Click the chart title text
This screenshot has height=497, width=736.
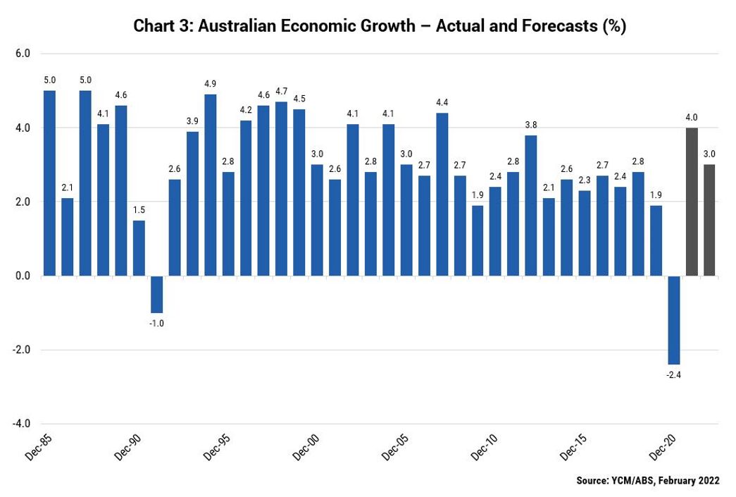pyautogui.click(x=380, y=27)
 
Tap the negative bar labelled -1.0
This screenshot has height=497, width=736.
pyautogui.click(x=156, y=294)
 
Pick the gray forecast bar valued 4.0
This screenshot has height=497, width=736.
pyautogui.click(x=692, y=202)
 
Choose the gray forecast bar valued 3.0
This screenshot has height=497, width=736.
pyautogui.click(x=709, y=220)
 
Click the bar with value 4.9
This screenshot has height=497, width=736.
pyautogui.click(x=210, y=185)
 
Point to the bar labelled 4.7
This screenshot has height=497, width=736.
pyautogui.click(x=281, y=188)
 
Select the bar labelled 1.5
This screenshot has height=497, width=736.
pyautogui.click(x=139, y=247)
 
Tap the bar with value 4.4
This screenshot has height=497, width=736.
pyautogui.click(x=442, y=194)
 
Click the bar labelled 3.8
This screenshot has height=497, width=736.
pyautogui.click(x=531, y=205)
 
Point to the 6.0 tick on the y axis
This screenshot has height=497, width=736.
pyautogui.click(x=23, y=54)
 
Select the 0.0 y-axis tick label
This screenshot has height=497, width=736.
pyautogui.click(x=23, y=276)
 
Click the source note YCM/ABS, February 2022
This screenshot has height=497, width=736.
pyautogui.click(x=648, y=481)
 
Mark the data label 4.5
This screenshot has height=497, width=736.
pyautogui.click(x=299, y=99)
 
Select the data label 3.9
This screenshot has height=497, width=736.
pyautogui.click(x=192, y=121)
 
